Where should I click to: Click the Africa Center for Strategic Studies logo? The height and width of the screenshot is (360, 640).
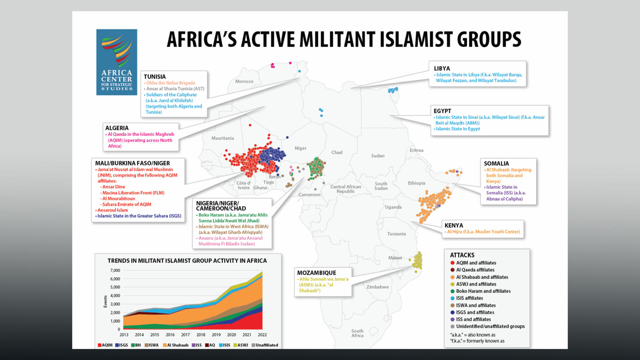point(117,62)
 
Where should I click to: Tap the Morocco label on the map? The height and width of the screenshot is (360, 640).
point(244,81)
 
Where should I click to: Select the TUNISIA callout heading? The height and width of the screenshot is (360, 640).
point(155,77)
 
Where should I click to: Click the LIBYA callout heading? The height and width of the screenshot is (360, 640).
point(442,68)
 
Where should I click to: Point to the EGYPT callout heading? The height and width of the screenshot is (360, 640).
point(442,111)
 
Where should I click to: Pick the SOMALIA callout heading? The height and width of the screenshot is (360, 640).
point(496,163)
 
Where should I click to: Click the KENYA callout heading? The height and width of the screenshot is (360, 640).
point(454,225)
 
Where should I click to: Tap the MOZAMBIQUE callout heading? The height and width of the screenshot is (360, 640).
point(317,273)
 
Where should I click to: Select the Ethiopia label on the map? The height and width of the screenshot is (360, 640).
point(417,183)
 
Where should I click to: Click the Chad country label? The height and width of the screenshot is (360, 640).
point(337,152)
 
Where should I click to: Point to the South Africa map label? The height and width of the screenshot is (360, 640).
point(357,333)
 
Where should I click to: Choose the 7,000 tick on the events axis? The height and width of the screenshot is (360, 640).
point(115,270)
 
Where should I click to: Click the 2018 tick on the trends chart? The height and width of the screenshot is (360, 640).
point(201,335)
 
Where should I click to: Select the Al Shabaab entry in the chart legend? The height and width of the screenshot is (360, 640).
point(176,345)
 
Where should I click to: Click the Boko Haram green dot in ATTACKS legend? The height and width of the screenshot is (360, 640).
point(452,291)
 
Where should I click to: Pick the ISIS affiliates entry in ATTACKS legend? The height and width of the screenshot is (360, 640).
point(469,298)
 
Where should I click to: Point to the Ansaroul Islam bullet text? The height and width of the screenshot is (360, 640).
point(113,210)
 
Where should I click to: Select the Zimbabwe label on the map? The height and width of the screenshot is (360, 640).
point(377,287)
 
